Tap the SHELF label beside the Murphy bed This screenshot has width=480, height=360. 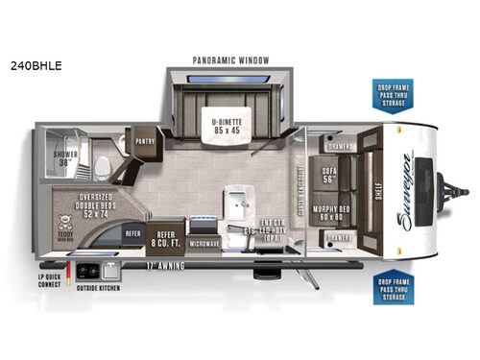point(367,191)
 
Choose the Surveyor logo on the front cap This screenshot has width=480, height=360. point(402,190)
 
